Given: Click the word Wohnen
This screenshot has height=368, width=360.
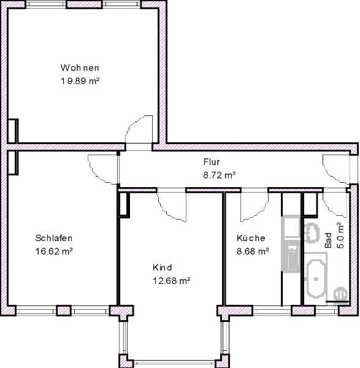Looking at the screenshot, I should (80, 67).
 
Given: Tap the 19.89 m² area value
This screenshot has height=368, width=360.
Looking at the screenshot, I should (80, 80).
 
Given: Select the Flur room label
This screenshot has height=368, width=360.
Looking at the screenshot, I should (212, 163).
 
